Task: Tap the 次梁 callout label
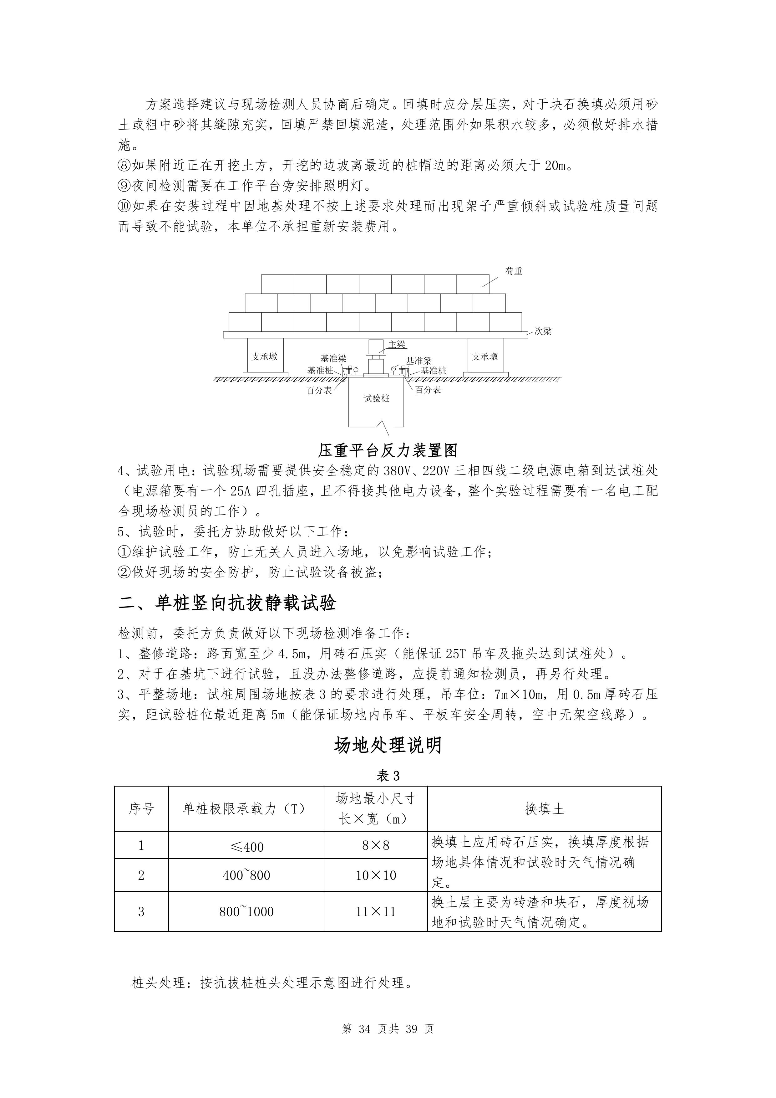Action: pos(543,331)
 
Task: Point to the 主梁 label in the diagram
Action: pos(397,344)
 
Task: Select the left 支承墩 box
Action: pos(265,356)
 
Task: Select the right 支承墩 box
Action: pos(485,356)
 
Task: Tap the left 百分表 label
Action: pos(319,390)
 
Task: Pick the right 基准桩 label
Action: pos(434,371)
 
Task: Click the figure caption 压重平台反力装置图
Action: pos(388,450)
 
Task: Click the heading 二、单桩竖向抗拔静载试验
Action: pos(227,603)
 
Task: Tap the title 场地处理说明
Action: pos(388,745)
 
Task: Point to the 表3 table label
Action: pos(388,776)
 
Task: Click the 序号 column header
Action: pos(141,809)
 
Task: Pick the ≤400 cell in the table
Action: pos(246,847)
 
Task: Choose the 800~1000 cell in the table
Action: pos(246,911)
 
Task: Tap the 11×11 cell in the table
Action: pos(376,911)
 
